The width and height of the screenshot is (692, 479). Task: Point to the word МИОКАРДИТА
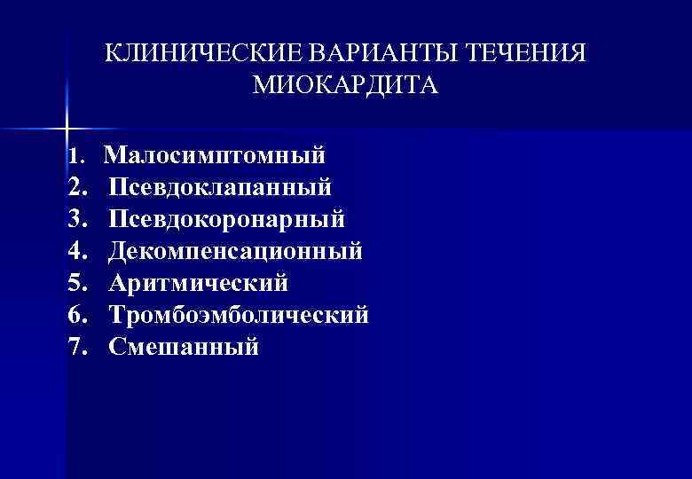pyautogui.click(x=345, y=86)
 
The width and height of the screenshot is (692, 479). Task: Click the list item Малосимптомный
pyautogui.click(x=215, y=156)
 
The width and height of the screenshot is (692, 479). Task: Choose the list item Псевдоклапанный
pyautogui.click(x=221, y=187)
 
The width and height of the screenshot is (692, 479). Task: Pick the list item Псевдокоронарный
pyautogui.click(x=227, y=219)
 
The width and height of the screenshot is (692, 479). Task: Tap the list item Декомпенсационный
pyautogui.click(x=236, y=251)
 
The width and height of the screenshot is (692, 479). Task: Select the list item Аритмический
pyautogui.click(x=199, y=283)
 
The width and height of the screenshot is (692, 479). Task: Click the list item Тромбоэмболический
pyautogui.click(x=239, y=314)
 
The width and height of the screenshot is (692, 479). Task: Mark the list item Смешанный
pyautogui.click(x=185, y=346)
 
